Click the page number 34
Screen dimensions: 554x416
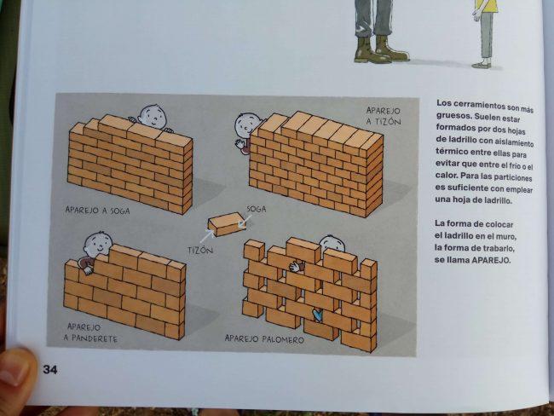tap(49, 370)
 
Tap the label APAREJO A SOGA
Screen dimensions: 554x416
tap(97, 211)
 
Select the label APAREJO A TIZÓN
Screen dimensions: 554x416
tap(384, 116)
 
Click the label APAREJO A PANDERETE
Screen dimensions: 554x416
tap(90, 332)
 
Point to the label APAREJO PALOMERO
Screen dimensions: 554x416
tap(264, 339)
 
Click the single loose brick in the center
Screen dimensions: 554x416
tap(227, 223)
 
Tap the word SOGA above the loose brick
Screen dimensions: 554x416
tap(257, 209)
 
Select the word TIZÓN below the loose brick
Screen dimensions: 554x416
tap(200, 251)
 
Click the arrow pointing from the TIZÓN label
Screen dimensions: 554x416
tap(207, 235)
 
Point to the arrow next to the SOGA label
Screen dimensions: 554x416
tap(245, 222)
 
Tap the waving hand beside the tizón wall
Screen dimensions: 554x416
tap(240, 144)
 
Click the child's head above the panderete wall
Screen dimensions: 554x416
tap(98, 244)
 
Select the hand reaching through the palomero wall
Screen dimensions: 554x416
tap(296, 266)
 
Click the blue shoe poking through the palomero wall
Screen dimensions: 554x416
tap(318, 315)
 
